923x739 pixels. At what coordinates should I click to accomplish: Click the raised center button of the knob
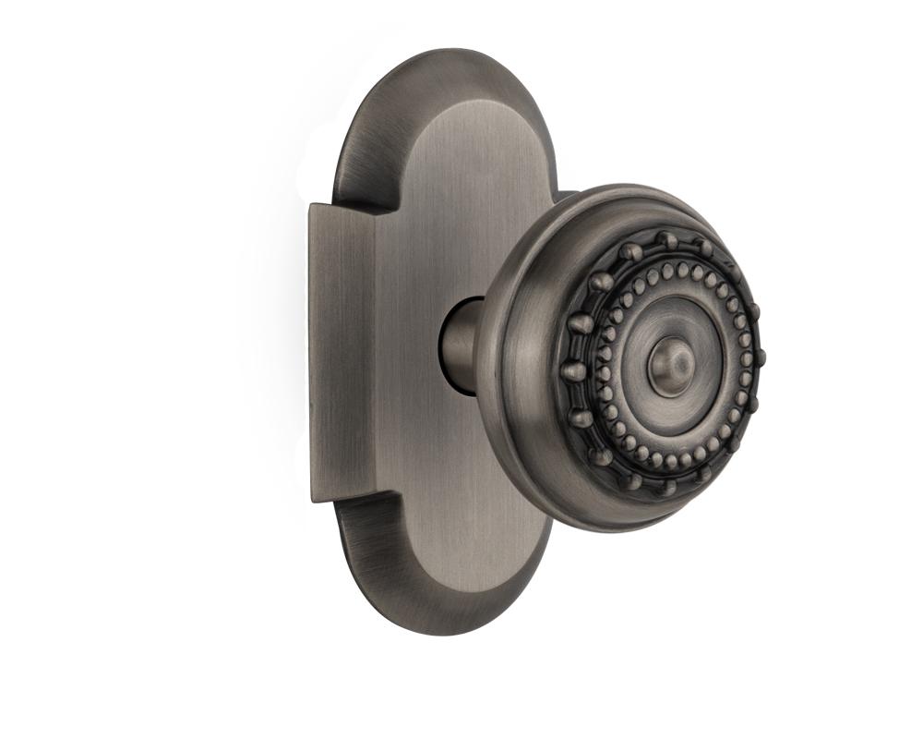671,364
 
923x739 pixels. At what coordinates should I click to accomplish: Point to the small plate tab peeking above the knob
564,195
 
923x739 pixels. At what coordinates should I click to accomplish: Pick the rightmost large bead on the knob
760,356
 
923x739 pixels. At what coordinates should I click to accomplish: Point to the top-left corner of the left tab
311,205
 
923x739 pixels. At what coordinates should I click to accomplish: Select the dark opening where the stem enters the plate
445,346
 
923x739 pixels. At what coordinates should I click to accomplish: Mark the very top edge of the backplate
443,52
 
